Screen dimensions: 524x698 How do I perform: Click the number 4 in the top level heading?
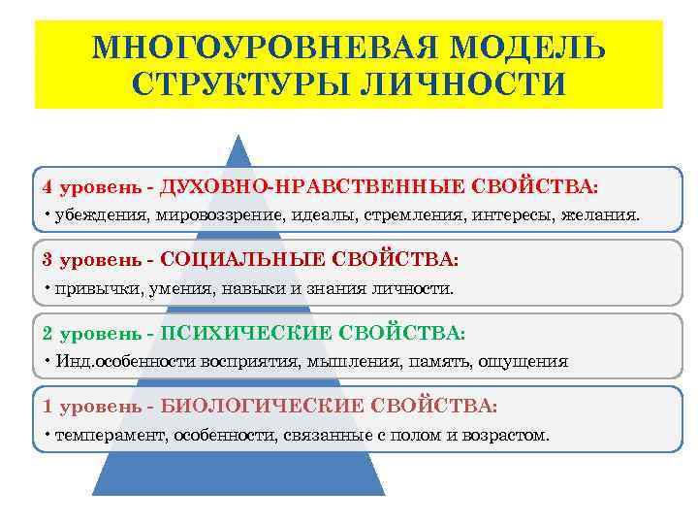point(48,185)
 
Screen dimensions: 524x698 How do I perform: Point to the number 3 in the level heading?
point(48,260)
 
